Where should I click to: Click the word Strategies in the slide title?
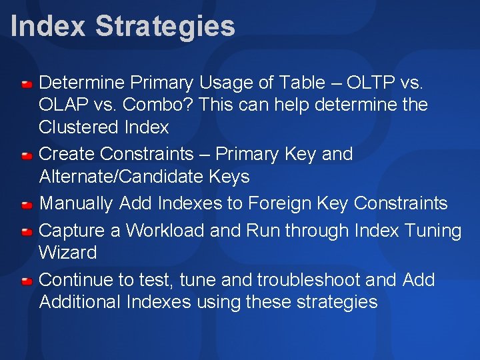[x=165, y=27]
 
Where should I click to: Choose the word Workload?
[x=165, y=231]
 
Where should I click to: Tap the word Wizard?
[x=68, y=253]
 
